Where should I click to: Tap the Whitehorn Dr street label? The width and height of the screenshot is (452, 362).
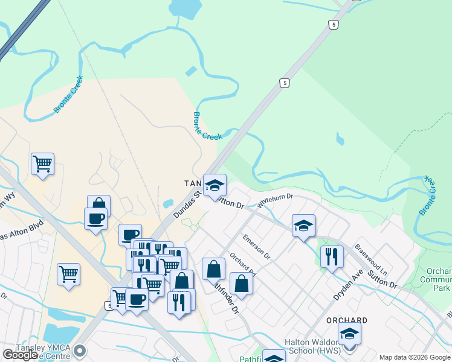point(274,200)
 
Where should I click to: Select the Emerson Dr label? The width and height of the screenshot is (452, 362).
point(256,247)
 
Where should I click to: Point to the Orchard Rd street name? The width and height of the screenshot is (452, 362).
point(243,268)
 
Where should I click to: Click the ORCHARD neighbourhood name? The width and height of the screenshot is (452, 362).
point(347,320)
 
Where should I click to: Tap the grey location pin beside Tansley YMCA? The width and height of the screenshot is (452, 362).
point(79,350)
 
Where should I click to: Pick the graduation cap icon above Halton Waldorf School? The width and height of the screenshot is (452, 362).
point(349,332)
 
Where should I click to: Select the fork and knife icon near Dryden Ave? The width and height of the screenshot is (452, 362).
point(332,256)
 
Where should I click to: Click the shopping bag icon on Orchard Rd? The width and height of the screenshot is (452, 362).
point(241,284)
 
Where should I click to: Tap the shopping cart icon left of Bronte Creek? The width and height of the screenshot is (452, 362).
point(43,164)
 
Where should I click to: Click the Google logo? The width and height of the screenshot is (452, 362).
point(20,355)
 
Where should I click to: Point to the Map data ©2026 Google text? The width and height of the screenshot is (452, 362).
point(414,357)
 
